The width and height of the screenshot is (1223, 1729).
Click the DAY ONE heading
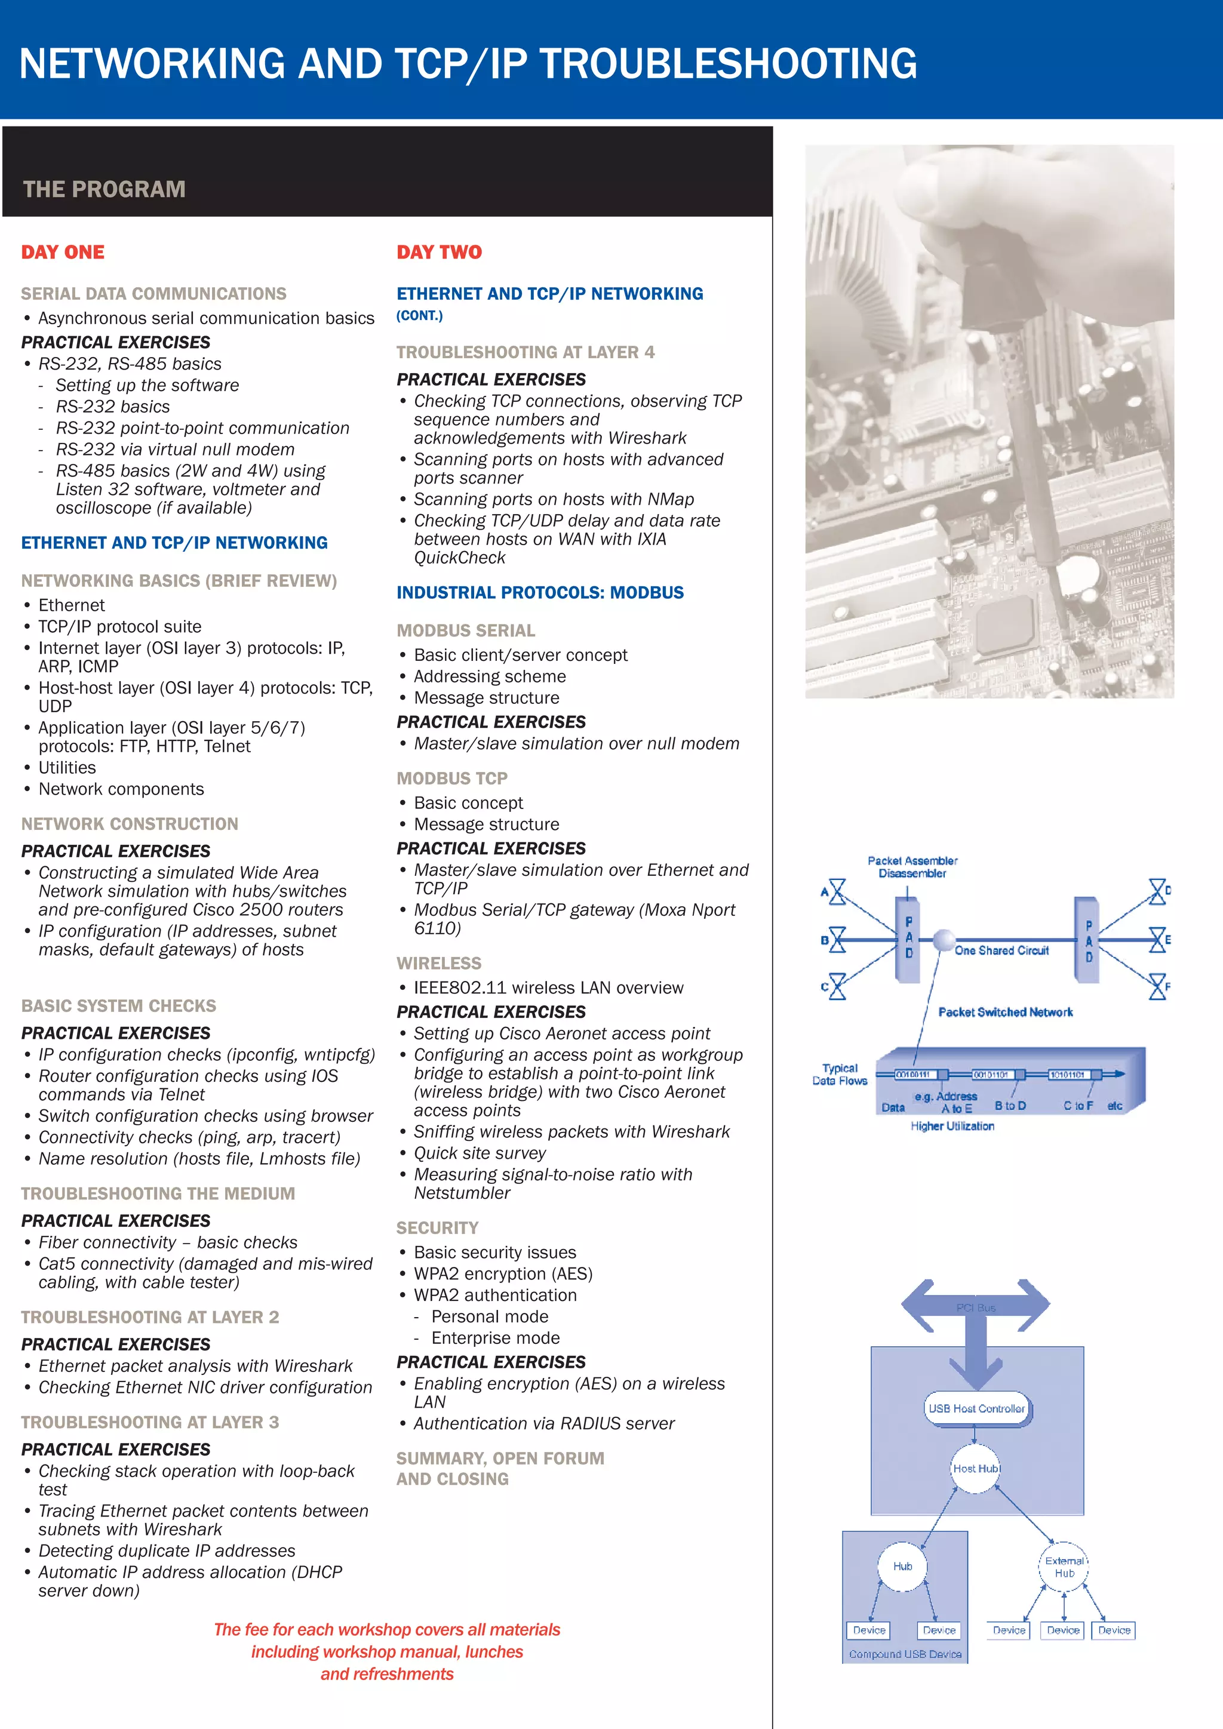63,253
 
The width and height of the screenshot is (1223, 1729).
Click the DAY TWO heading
439,253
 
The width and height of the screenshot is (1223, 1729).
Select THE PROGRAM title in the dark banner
104,189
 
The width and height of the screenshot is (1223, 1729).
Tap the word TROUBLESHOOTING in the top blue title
728,63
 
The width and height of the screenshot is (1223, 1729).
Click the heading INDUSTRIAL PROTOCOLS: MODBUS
540,593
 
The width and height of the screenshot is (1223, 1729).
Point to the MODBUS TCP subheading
452,779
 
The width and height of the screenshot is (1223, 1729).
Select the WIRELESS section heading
439,963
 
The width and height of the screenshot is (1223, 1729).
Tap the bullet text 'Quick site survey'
480,1153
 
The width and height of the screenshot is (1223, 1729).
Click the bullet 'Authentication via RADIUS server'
544,1423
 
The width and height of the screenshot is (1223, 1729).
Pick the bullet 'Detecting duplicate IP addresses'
167,1550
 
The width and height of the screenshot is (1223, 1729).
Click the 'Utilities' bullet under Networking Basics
67,767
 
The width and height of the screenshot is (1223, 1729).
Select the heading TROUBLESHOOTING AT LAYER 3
150,1422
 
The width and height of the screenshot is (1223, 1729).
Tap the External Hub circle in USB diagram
1064,1567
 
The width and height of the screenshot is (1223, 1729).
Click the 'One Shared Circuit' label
1001,950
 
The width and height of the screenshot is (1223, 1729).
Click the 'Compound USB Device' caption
905,1654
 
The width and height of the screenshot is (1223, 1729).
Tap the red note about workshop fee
387,1651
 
